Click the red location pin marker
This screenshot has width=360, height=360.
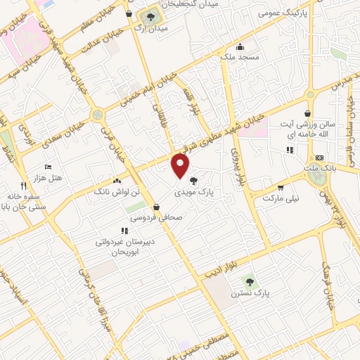point(180,166)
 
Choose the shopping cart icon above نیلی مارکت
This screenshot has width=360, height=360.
point(281,187)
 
